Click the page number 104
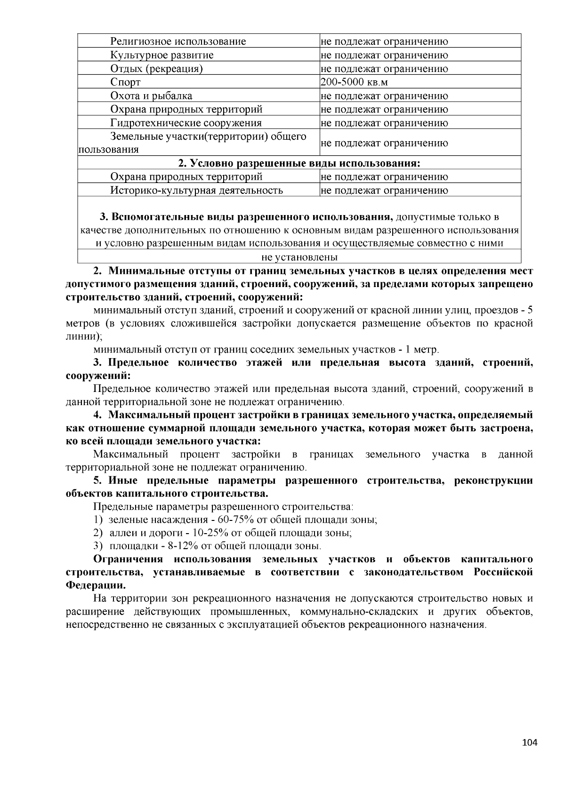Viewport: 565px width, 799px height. [530, 743]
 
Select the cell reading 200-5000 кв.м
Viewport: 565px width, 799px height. [349, 82]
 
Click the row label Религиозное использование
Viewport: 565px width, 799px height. [178, 41]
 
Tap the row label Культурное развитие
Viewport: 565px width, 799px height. [161, 55]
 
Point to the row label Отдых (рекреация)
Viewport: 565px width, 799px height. [156, 69]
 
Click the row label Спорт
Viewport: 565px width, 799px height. [125, 82]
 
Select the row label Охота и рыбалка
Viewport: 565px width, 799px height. [151, 96]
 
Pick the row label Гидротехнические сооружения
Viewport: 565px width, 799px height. [186, 123]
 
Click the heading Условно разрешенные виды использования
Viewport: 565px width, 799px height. [299, 163]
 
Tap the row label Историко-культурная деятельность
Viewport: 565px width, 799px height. [196, 191]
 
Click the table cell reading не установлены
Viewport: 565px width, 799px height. [299, 257]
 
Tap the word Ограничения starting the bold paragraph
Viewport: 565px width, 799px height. [128, 559]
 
